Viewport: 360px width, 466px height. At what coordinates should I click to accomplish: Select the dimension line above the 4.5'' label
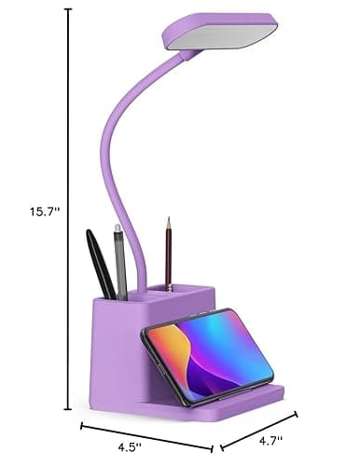tap(145, 434)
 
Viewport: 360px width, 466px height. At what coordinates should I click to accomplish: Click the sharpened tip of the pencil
tap(169, 221)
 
